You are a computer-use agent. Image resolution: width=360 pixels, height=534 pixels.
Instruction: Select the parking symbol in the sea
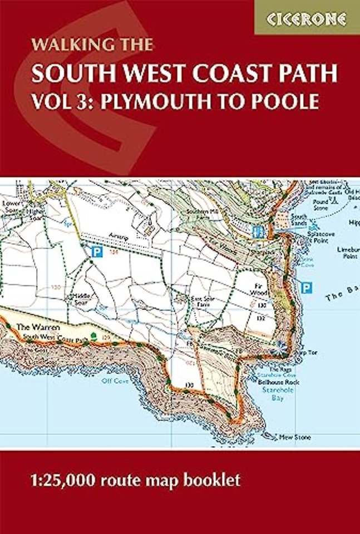pos(305,288)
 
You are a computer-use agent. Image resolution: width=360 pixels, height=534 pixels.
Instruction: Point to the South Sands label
pos(299,219)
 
